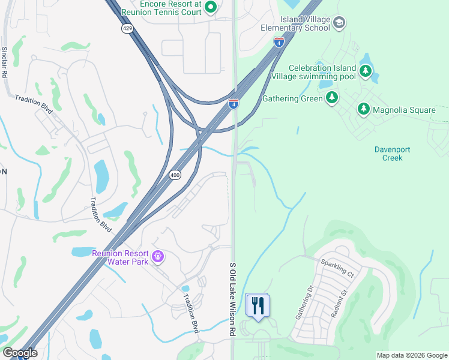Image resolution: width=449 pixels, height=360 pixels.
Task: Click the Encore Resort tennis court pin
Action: click(211, 7)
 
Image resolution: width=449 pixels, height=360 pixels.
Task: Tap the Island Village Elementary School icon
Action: click(339, 23)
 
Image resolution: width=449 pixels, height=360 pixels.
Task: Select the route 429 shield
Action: click(127, 29)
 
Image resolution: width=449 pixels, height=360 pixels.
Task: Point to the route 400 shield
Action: click(173, 174)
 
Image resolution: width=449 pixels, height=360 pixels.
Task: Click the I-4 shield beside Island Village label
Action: click(279, 41)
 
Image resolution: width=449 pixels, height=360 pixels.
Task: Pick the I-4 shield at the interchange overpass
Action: click(234, 104)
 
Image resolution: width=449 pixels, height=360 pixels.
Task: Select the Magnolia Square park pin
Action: click(363, 109)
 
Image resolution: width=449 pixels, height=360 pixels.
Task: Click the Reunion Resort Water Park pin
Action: click(158, 257)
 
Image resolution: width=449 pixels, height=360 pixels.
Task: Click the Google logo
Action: click(19, 353)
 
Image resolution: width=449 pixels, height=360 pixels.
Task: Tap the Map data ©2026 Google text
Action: click(411, 355)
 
